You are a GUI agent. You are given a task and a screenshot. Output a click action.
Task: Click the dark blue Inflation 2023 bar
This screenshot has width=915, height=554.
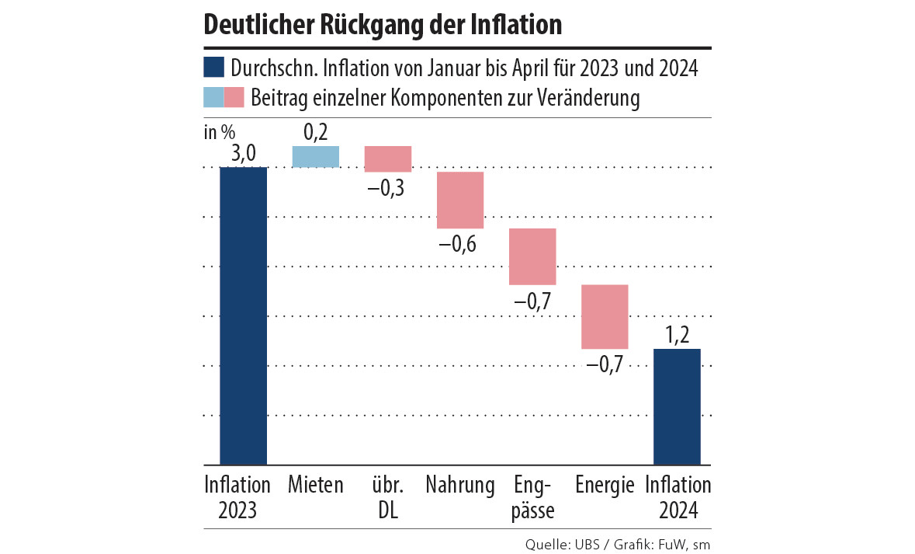click(x=244, y=315)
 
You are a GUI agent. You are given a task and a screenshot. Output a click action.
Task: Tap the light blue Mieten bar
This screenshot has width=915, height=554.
click(x=316, y=156)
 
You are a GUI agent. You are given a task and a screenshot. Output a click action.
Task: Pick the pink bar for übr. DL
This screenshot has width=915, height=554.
click(x=388, y=159)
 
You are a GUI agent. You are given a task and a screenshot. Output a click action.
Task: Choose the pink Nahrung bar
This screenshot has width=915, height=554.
click(x=460, y=200)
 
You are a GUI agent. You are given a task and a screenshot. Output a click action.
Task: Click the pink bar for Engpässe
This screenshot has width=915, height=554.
click(x=532, y=256)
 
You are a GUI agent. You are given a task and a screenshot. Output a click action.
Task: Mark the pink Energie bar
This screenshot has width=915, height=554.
click(x=605, y=316)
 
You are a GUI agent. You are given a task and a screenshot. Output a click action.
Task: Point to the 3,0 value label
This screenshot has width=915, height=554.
click(x=244, y=154)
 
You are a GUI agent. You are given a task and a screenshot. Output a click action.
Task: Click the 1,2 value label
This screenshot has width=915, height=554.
click(x=677, y=336)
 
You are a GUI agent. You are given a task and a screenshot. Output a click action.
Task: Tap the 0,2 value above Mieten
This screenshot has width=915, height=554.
click(x=316, y=133)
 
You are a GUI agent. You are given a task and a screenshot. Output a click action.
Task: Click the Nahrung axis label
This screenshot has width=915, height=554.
click(x=460, y=486)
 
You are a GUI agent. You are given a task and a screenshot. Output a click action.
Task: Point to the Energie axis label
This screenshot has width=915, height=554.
click(x=605, y=486)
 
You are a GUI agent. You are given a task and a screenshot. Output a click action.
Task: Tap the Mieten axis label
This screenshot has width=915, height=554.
click(x=315, y=486)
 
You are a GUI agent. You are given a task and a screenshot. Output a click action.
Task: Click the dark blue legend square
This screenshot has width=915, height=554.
click(x=214, y=68)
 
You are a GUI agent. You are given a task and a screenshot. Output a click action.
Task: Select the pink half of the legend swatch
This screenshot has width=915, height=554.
click(x=234, y=98)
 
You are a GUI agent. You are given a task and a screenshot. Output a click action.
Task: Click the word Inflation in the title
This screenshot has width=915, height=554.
click(x=516, y=24)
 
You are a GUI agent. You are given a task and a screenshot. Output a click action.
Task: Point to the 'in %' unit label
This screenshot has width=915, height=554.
click(x=220, y=132)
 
